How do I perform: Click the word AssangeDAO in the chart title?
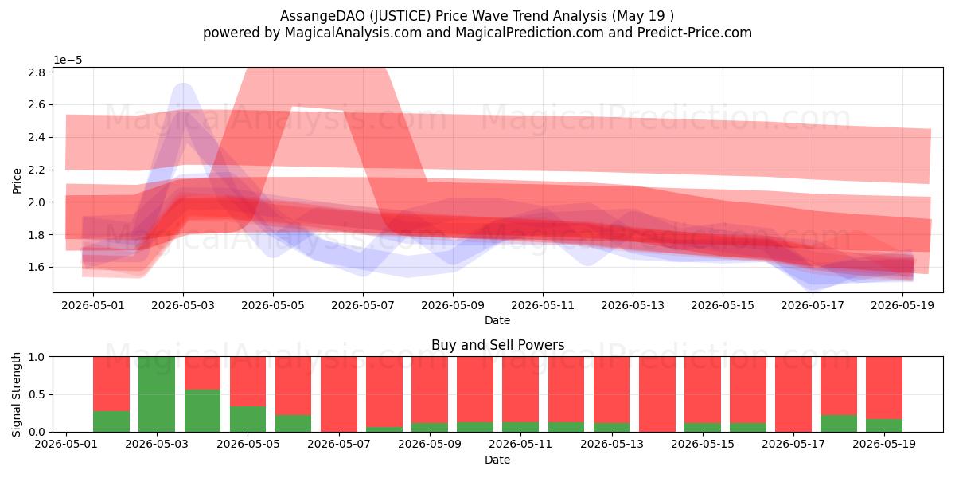click(322, 16)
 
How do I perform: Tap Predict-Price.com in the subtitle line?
click(695, 33)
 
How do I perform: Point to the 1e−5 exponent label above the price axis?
click(68, 61)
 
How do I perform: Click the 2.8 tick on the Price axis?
click(37, 72)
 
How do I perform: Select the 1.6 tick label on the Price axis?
click(37, 267)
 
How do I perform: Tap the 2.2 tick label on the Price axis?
click(37, 170)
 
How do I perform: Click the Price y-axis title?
click(17, 181)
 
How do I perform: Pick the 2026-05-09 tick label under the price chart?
click(453, 306)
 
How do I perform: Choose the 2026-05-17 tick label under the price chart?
click(813, 306)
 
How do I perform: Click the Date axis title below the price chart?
click(497, 320)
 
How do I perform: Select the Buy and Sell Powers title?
click(498, 345)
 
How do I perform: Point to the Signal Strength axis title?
click(16, 394)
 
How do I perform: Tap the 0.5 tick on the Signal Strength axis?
click(37, 394)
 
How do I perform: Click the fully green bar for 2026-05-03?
click(157, 394)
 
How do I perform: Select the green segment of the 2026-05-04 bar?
click(202, 410)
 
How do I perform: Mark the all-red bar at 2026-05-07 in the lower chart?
click(339, 394)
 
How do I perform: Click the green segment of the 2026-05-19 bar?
click(884, 425)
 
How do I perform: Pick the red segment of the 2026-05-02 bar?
click(111, 384)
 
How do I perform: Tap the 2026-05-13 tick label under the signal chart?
click(612, 445)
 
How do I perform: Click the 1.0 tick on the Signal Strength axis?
click(37, 357)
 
